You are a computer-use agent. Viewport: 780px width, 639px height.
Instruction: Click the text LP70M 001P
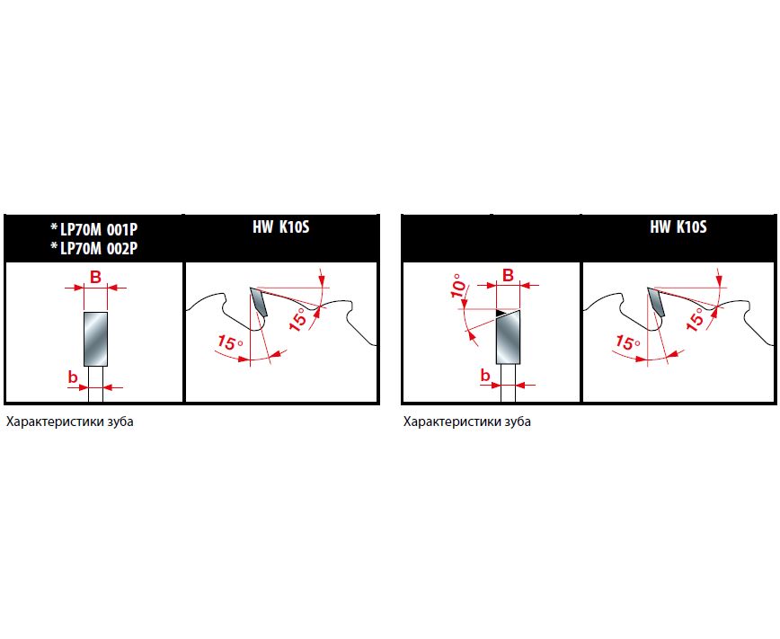pyautogui.click(x=99, y=229)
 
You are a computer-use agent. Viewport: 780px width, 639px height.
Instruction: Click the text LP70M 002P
pyautogui.click(x=99, y=248)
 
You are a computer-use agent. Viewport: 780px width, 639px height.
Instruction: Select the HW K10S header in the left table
pyautogui.click(x=281, y=227)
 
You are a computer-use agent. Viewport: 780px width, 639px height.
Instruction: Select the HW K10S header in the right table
pyautogui.click(x=678, y=227)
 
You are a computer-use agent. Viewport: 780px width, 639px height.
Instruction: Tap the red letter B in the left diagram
pyautogui.click(x=95, y=277)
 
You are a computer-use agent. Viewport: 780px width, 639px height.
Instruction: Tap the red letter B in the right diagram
pyautogui.click(x=508, y=275)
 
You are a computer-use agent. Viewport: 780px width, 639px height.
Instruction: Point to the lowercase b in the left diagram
pyautogui.click(x=73, y=377)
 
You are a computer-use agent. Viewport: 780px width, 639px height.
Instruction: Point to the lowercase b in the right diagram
pyautogui.click(x=485, y=376)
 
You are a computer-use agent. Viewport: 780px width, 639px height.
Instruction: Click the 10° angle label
pyautogui.click(x=459, y=286)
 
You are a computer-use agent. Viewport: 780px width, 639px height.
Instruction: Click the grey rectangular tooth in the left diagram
pyautogui.click(x=96, y=339)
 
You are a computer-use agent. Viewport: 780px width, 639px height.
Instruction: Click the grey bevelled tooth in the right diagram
pyautogui.click(x=509, y=337)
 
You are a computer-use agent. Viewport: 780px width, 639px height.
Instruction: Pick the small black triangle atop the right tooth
pyautogui.click(x=501, y=313)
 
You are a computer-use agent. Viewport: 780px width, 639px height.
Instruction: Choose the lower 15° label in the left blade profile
pyautogui.click(x=230, y=342)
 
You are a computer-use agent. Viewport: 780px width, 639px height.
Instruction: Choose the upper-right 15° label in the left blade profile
pyautogui.click(x=298, y=320)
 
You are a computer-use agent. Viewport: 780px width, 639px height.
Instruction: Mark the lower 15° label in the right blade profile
pyautogui.click(x=628, y=342)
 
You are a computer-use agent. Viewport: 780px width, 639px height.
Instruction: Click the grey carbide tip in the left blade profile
pyautogui.click(x=259, y=302)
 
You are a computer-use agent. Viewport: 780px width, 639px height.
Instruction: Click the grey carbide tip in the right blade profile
pyautogui.click(x=656, y=302)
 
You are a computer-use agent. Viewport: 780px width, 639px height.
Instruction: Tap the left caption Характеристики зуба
pyautogui.click(x=70, y=422)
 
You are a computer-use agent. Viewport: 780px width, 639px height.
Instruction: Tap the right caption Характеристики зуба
pyautogui.click(x=467, y=422)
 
